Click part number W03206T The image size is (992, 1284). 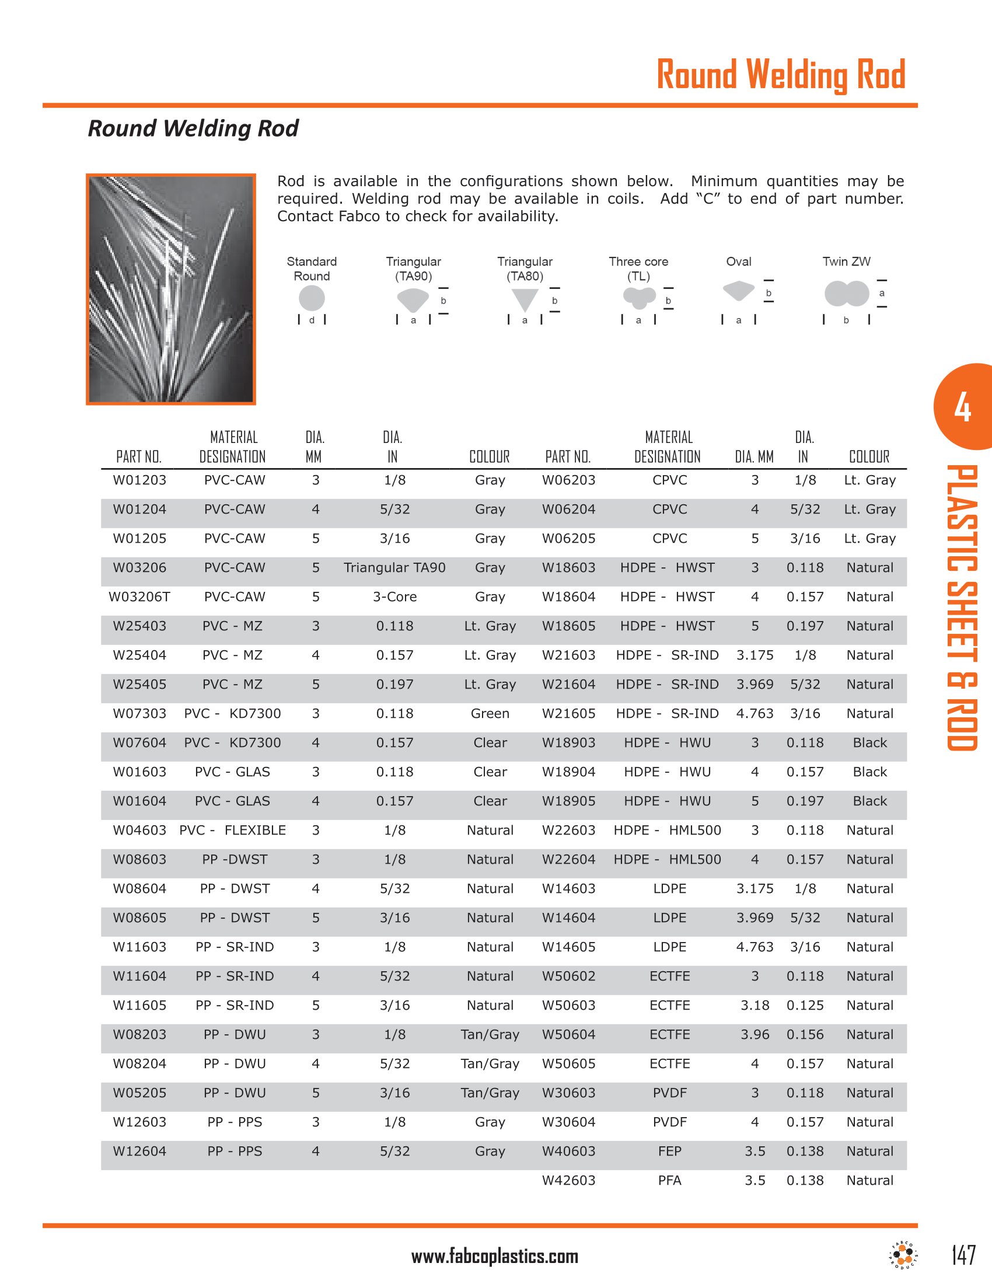(x=139, y=596)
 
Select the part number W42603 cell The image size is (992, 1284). (x=568, y=1180)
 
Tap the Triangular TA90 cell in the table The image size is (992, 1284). (x=394, y=567)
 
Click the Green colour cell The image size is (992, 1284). (x=490, y=713)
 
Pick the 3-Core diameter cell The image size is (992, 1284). (x=394, y=596)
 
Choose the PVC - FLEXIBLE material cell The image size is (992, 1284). (x=233, y=830)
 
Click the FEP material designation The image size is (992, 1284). (x=669, y=1151)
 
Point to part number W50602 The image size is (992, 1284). (x=568, y=976)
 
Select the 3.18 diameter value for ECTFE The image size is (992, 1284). (x=755, y=1006)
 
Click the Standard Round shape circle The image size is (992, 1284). (x=312, y=298)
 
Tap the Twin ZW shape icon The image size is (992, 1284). (x=846, y=294)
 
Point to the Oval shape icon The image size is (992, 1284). (x=738, y=291)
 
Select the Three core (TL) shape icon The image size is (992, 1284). (x=639, y=298)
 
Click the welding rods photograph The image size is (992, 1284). (x=171, y=289)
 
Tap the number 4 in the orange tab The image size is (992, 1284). (x=962, y=407)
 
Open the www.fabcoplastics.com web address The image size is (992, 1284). (x=495, y=1257)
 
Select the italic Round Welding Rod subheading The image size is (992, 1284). (x=193, y=128)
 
